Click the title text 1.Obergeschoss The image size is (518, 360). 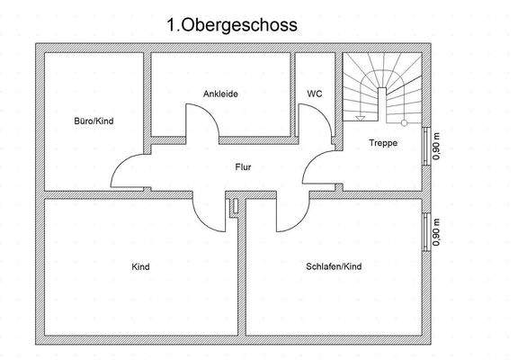(x=231, y=26)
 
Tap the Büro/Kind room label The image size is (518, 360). (x=94, y=120)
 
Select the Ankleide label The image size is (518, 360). (x=220, y=93)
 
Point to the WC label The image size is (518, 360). (x=315, y=93)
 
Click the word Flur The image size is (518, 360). (x=243, y=166)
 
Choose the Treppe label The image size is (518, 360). (x=384, y=143)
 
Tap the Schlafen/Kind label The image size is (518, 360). (x=333, y=267)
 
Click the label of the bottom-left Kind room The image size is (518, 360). (x=140, y=267)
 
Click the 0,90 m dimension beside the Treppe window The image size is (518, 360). (x=437, y=146)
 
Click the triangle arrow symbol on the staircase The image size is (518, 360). (x=361, y=117)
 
